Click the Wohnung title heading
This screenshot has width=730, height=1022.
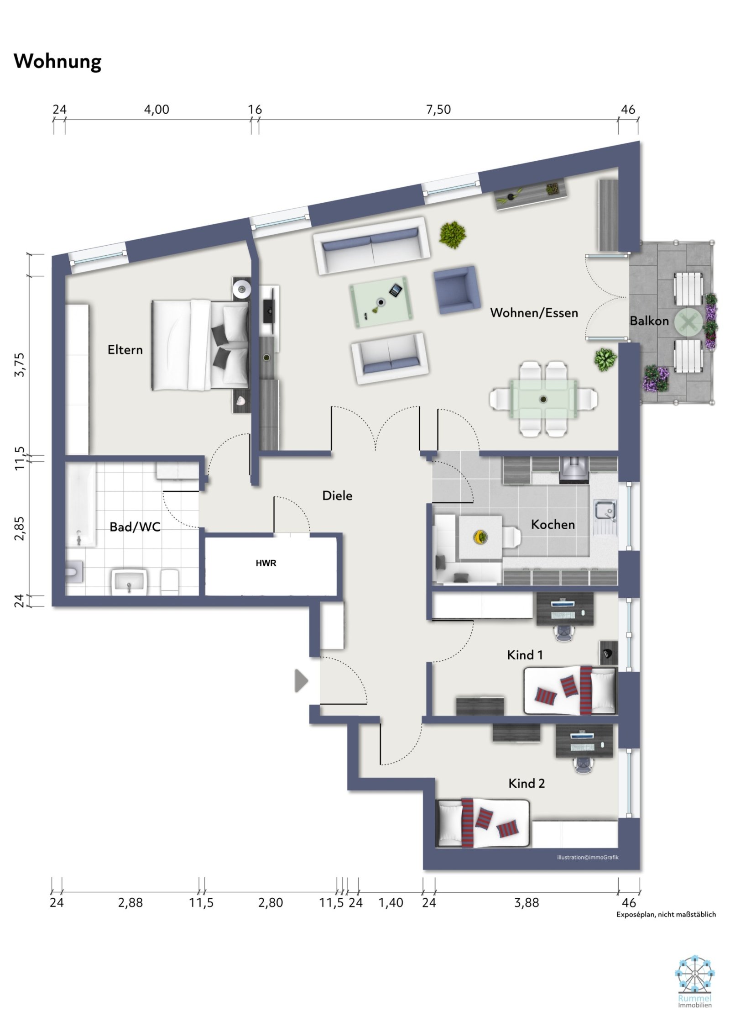click(x=57, y=61)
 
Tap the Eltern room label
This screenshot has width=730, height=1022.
click(x=125, y=350)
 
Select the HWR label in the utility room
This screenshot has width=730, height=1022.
click(x=266, y=563)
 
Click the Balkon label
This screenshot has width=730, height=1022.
click(x=649, y=321)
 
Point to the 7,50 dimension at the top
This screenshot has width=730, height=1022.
click(x=438, y=110)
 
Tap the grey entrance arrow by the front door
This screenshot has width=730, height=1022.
click(x=301, y=680)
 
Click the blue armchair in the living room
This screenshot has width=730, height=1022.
click(x=457, y=290)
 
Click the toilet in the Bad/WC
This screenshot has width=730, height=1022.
click(x=74, y=572)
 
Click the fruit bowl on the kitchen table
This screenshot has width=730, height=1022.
click(x=480, y=537)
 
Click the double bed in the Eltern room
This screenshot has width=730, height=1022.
click(x=200, y=344)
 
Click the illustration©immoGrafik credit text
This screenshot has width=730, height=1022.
click(x=587, y=857)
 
